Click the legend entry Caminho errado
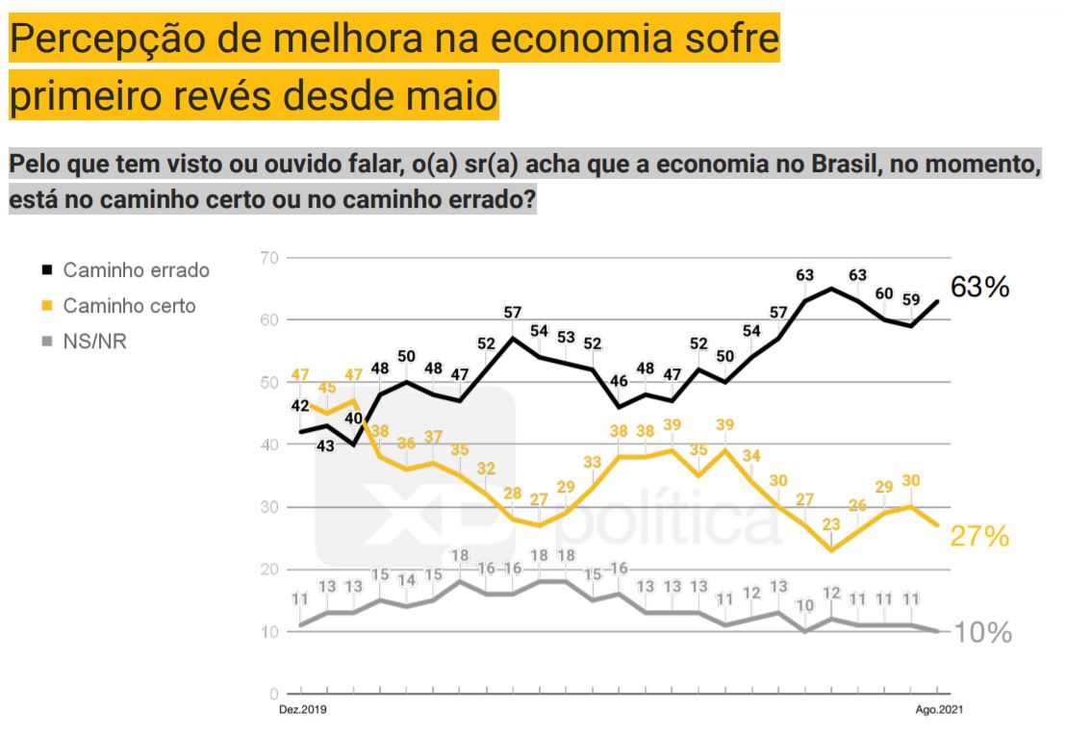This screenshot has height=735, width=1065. [136, 270]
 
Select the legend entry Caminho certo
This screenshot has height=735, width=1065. [129, 306]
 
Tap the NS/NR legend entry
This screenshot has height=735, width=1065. [94, 342]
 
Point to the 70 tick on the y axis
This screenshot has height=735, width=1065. [268, 258]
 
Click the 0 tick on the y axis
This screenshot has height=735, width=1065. [273, 694]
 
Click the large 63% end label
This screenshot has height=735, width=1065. [979, 287]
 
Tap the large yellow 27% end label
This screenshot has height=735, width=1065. [979, 537]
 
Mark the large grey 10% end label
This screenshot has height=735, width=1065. [982, 632]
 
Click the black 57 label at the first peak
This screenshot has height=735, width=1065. [513, 313]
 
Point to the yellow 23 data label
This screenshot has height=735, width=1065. [831, 524]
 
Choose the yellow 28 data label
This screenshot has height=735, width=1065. [512, 494]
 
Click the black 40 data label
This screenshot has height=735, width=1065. [354, 418]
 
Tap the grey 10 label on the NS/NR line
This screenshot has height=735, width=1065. [805, 606]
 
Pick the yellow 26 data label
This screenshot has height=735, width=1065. [858, 505]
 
